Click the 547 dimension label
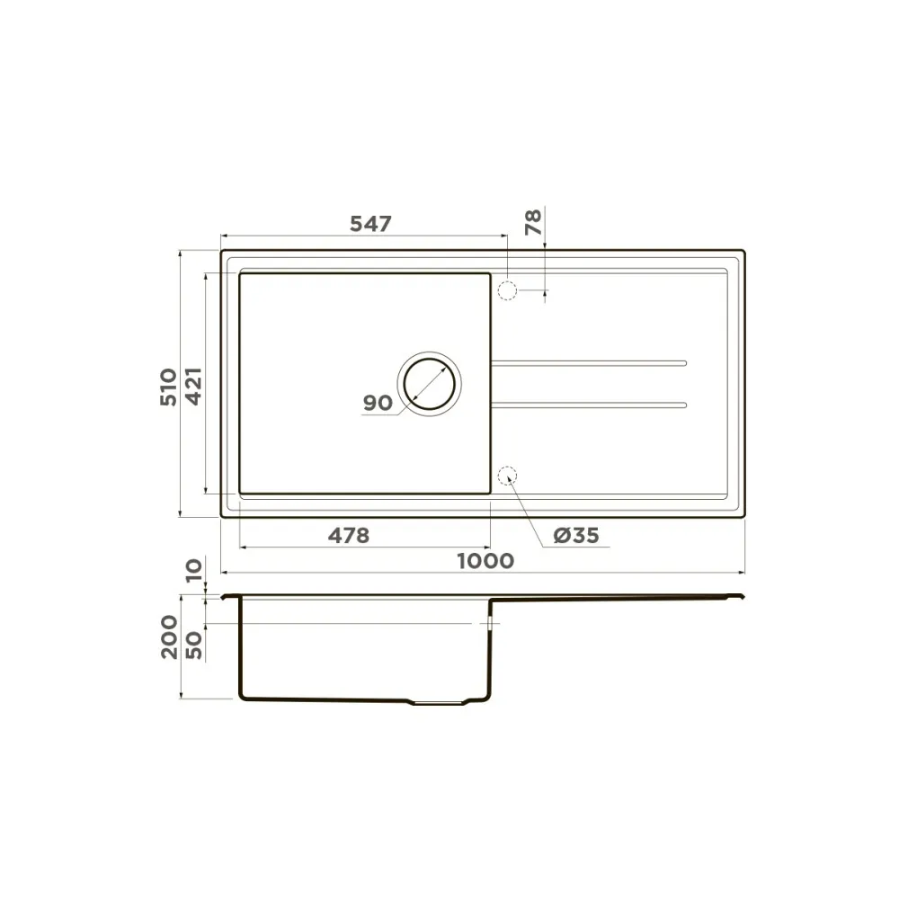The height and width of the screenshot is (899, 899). pos(370,224)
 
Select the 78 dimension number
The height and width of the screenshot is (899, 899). pos(533,222)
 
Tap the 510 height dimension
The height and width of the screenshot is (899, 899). pos(169,387)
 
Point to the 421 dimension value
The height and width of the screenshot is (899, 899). pos(193,387)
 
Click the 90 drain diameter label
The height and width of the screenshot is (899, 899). pos(378,403)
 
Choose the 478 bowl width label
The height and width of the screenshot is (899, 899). pos(349,536)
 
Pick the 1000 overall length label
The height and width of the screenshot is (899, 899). pos(485,561)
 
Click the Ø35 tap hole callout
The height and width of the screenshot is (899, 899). pos(576,536)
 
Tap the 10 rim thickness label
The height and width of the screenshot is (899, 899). pos(194,571)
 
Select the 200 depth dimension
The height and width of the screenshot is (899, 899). pos(169,637)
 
